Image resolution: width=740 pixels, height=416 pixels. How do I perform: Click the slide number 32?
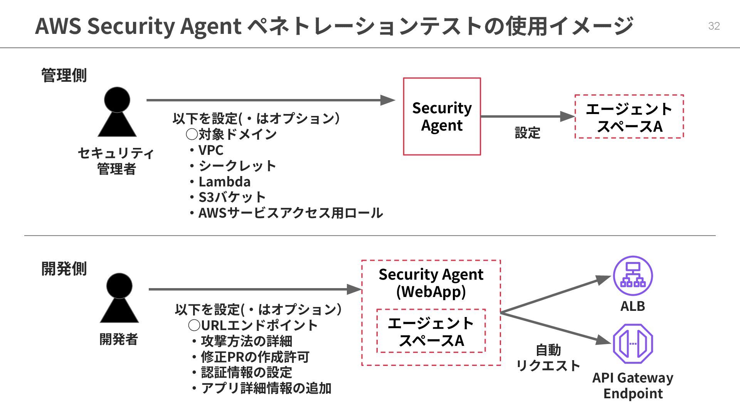(714, 26)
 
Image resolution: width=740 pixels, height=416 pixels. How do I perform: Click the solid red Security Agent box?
(442, 116)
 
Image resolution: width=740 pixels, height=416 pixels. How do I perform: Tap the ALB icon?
(632, 276)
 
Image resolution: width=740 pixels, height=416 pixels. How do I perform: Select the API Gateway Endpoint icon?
(632, 344)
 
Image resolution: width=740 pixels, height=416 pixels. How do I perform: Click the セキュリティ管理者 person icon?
(117, 112)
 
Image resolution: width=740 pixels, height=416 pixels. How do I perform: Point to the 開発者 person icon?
(119, 298)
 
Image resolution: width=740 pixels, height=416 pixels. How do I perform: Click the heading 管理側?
(64, 75)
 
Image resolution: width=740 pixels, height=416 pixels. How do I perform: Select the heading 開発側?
(64, 268)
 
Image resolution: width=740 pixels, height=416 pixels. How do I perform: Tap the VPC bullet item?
(210, 150)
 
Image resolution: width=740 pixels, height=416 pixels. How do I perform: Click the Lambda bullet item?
(224, 181)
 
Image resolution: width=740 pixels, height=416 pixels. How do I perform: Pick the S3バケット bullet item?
(232, 197)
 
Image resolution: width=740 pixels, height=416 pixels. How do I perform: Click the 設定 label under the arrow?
(527, 133)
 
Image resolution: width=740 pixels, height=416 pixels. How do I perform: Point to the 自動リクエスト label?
(548, 358)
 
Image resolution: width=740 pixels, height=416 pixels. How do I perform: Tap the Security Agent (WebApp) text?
(431, 283)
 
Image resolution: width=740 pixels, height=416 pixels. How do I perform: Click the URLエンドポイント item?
(259, 325)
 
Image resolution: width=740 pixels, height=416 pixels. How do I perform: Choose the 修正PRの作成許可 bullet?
(255, 357)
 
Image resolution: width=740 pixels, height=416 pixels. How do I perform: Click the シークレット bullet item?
(237, 166)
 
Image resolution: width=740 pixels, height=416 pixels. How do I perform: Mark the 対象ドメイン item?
(237, 134)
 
